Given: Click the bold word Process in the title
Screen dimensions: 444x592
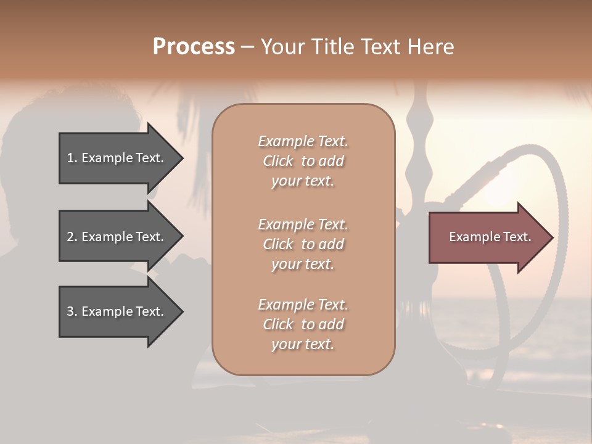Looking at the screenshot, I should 194,47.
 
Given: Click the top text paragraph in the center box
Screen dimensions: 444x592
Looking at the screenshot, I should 303,161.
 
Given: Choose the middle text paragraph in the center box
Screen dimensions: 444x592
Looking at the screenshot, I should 303,244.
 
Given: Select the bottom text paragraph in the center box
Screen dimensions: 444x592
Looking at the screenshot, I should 303,324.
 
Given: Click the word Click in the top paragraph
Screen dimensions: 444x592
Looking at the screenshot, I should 278,162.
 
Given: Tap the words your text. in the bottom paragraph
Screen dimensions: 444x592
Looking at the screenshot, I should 303,344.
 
